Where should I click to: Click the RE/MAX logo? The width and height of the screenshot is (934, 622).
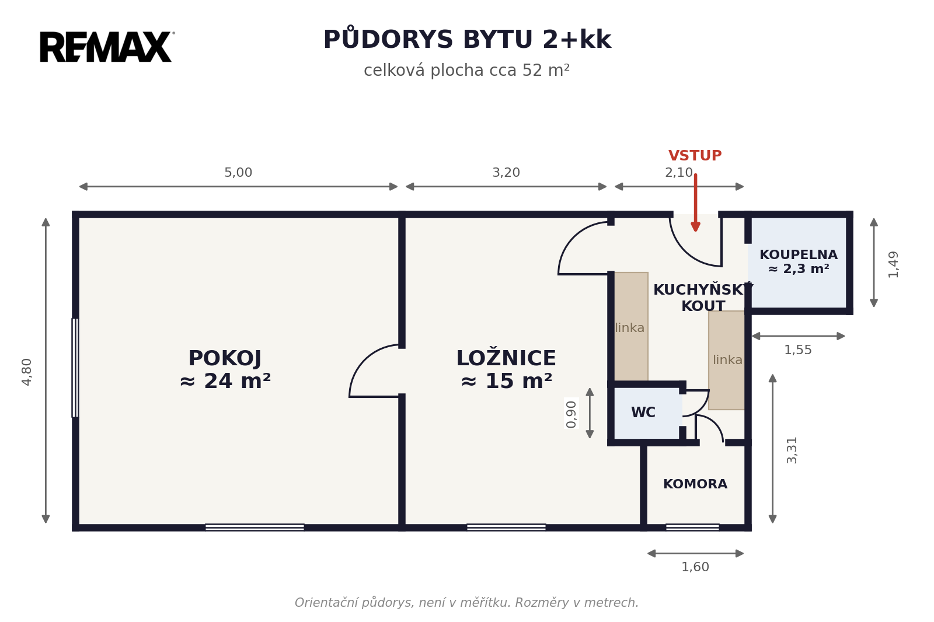[107, 47]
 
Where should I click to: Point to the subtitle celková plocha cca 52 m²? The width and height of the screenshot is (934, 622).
[466, 70]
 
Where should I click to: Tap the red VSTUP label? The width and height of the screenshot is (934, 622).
[695, 155]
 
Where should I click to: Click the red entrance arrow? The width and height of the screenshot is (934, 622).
[695, 202]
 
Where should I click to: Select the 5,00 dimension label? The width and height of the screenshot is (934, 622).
[238, 173]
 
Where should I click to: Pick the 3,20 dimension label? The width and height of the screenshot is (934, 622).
[506, 173]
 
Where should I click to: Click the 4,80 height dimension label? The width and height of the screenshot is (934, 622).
[27, 372]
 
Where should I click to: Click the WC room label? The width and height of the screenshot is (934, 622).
[643, 413]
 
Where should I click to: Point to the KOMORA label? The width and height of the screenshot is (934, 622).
[695, 484]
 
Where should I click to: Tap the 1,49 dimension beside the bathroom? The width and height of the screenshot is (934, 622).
[893, 264]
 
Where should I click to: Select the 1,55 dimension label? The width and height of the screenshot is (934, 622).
[798, 350]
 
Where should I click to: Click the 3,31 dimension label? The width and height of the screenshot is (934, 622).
[792, 450]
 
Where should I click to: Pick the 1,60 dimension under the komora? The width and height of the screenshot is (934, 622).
[695, 567]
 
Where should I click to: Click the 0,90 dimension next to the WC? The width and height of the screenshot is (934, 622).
[571, 414]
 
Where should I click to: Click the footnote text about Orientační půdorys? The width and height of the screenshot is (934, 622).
[466, 602]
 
